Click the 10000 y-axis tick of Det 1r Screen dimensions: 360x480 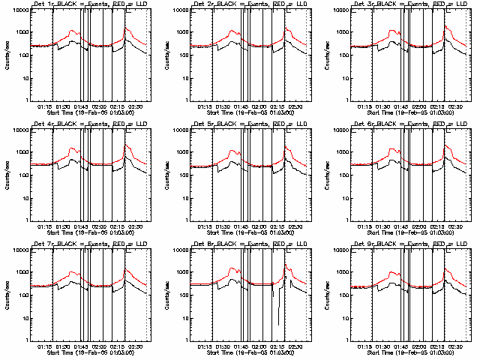19,10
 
